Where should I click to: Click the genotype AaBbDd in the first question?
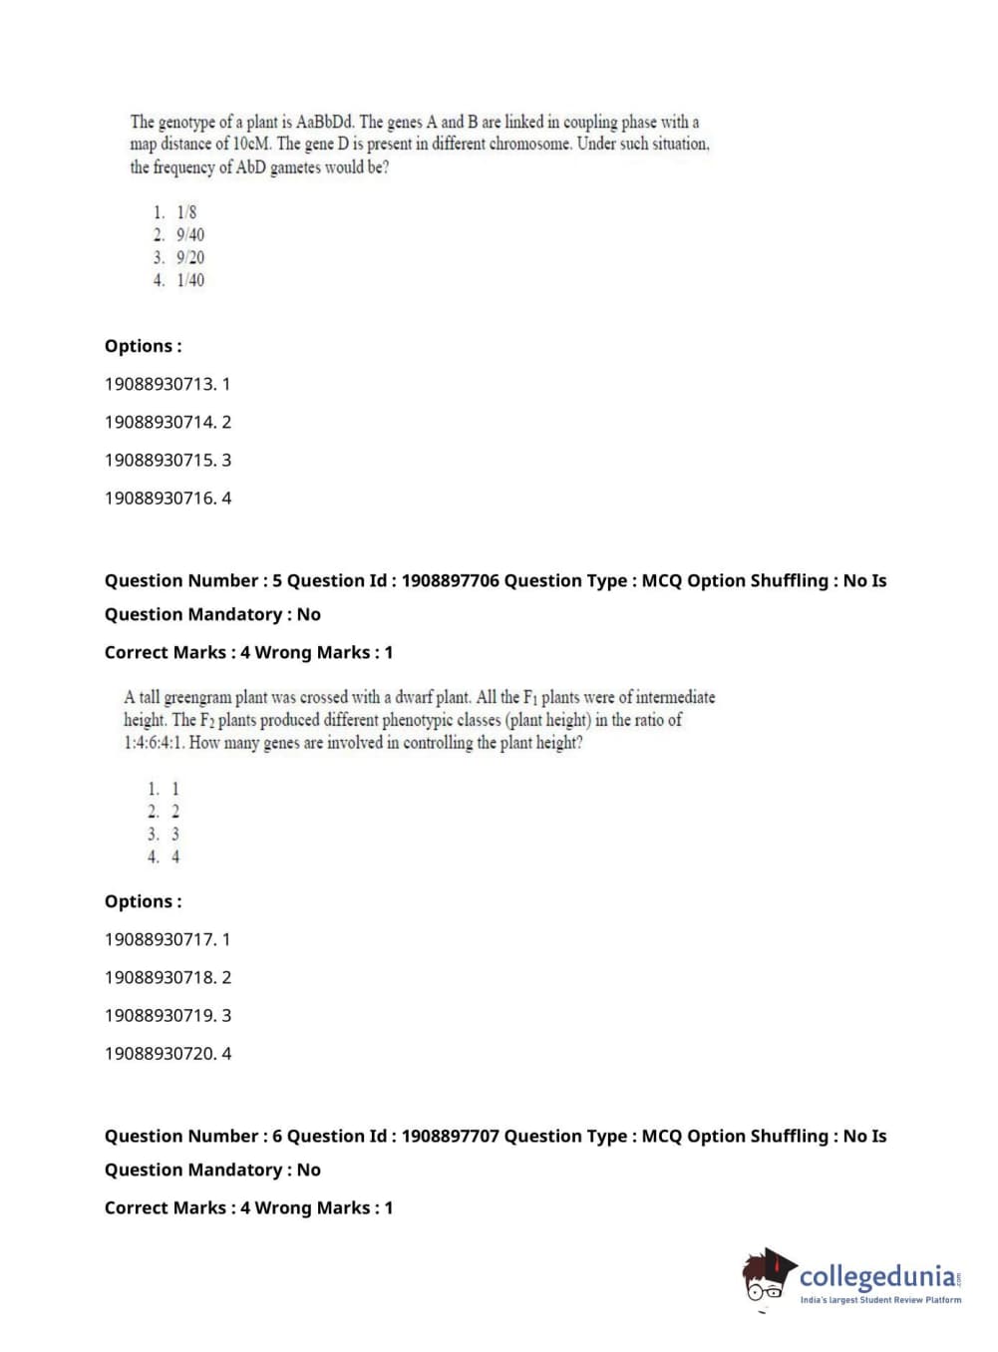click(x=325, y=122)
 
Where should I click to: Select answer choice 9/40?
click(x=189, y=235)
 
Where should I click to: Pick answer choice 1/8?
click(x=186, y=212)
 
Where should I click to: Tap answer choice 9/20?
click(x=189, y=257)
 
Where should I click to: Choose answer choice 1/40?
click(x=189, y=280)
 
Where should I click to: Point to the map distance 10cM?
click(x=252, y=144)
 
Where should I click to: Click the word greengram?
click(x=196, y=697)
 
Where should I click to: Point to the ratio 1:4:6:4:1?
click(x=155, y=743)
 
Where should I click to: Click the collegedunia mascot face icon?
click(x=767, y=1277)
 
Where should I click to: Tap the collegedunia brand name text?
click(x=877, y=1275)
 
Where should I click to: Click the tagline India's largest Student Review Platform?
click(x=880, y=1299)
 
